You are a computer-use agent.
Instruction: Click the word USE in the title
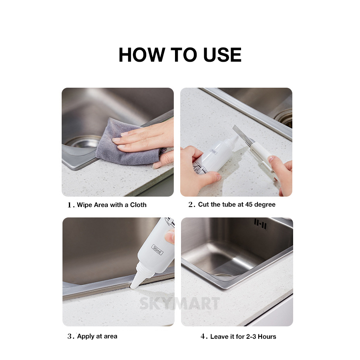[x=222, y=55]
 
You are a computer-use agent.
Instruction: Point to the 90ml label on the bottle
[x=157, y=249]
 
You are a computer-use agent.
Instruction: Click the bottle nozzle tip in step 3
[x=133, y=287]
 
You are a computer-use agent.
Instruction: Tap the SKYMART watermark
[x=179, y=304]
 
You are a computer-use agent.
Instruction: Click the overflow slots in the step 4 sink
[x=260, y=224]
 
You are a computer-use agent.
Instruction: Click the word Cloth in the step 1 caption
[x=138, y=205]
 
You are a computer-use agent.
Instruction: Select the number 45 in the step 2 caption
[x=249, y=204]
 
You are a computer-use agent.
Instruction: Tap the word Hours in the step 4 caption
[x=267, y=337]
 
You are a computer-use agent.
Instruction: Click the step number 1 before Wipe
[x=70, y=205]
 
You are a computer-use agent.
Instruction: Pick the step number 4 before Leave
[x=203, y=336]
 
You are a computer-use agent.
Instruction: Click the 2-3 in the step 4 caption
[x=251, y=337]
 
